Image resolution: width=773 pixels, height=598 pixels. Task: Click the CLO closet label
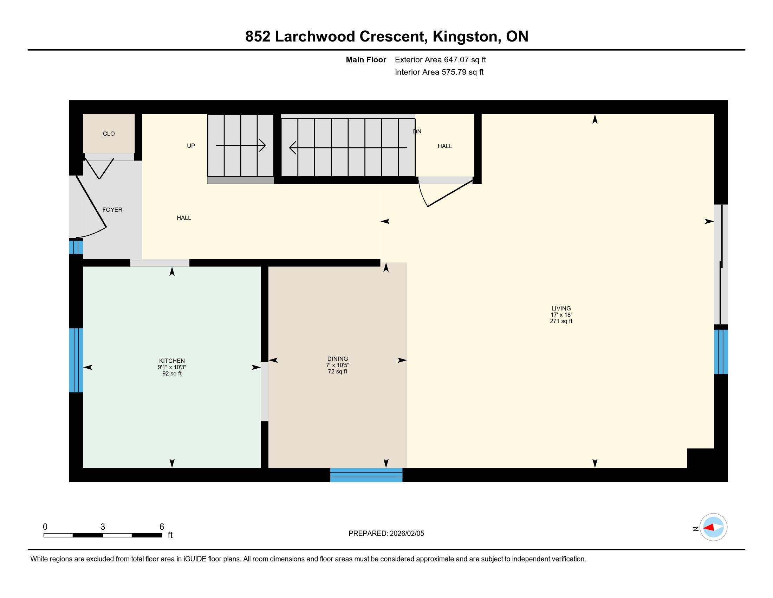pos(109,134)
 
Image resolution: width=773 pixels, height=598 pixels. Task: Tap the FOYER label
pos(112,210)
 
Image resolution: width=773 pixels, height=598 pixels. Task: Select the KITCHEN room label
pos(172,361)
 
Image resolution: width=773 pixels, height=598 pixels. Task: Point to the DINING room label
pos(338,359)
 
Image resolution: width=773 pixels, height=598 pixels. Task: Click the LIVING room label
pos(561,308)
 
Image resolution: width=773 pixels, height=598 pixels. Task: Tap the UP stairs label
pos(191,146)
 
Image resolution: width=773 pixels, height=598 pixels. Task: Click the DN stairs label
pos(417,132)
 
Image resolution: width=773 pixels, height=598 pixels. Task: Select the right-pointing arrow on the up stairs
pos(241,145)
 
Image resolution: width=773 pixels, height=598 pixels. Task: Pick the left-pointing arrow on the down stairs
pos(348,147)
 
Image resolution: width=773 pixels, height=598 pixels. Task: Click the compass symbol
pos(713,527)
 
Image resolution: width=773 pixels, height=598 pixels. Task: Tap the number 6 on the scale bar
pos(162,527)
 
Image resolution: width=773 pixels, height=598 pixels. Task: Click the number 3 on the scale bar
pos(103,527)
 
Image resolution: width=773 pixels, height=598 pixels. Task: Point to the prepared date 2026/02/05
pos(407,534)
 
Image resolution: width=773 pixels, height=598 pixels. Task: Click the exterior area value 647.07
pos(455,60)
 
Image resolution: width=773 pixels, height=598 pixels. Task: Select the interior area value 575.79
pos(453,72)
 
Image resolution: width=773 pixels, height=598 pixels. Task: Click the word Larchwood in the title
pos(315,37)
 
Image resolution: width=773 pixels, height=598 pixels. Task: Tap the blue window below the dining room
pos(366,475)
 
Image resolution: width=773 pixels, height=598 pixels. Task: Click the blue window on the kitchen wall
pos(76,360)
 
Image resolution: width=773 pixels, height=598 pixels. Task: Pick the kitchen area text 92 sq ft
pos(172,374)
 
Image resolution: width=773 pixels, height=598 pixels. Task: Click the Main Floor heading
pos(366,60)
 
